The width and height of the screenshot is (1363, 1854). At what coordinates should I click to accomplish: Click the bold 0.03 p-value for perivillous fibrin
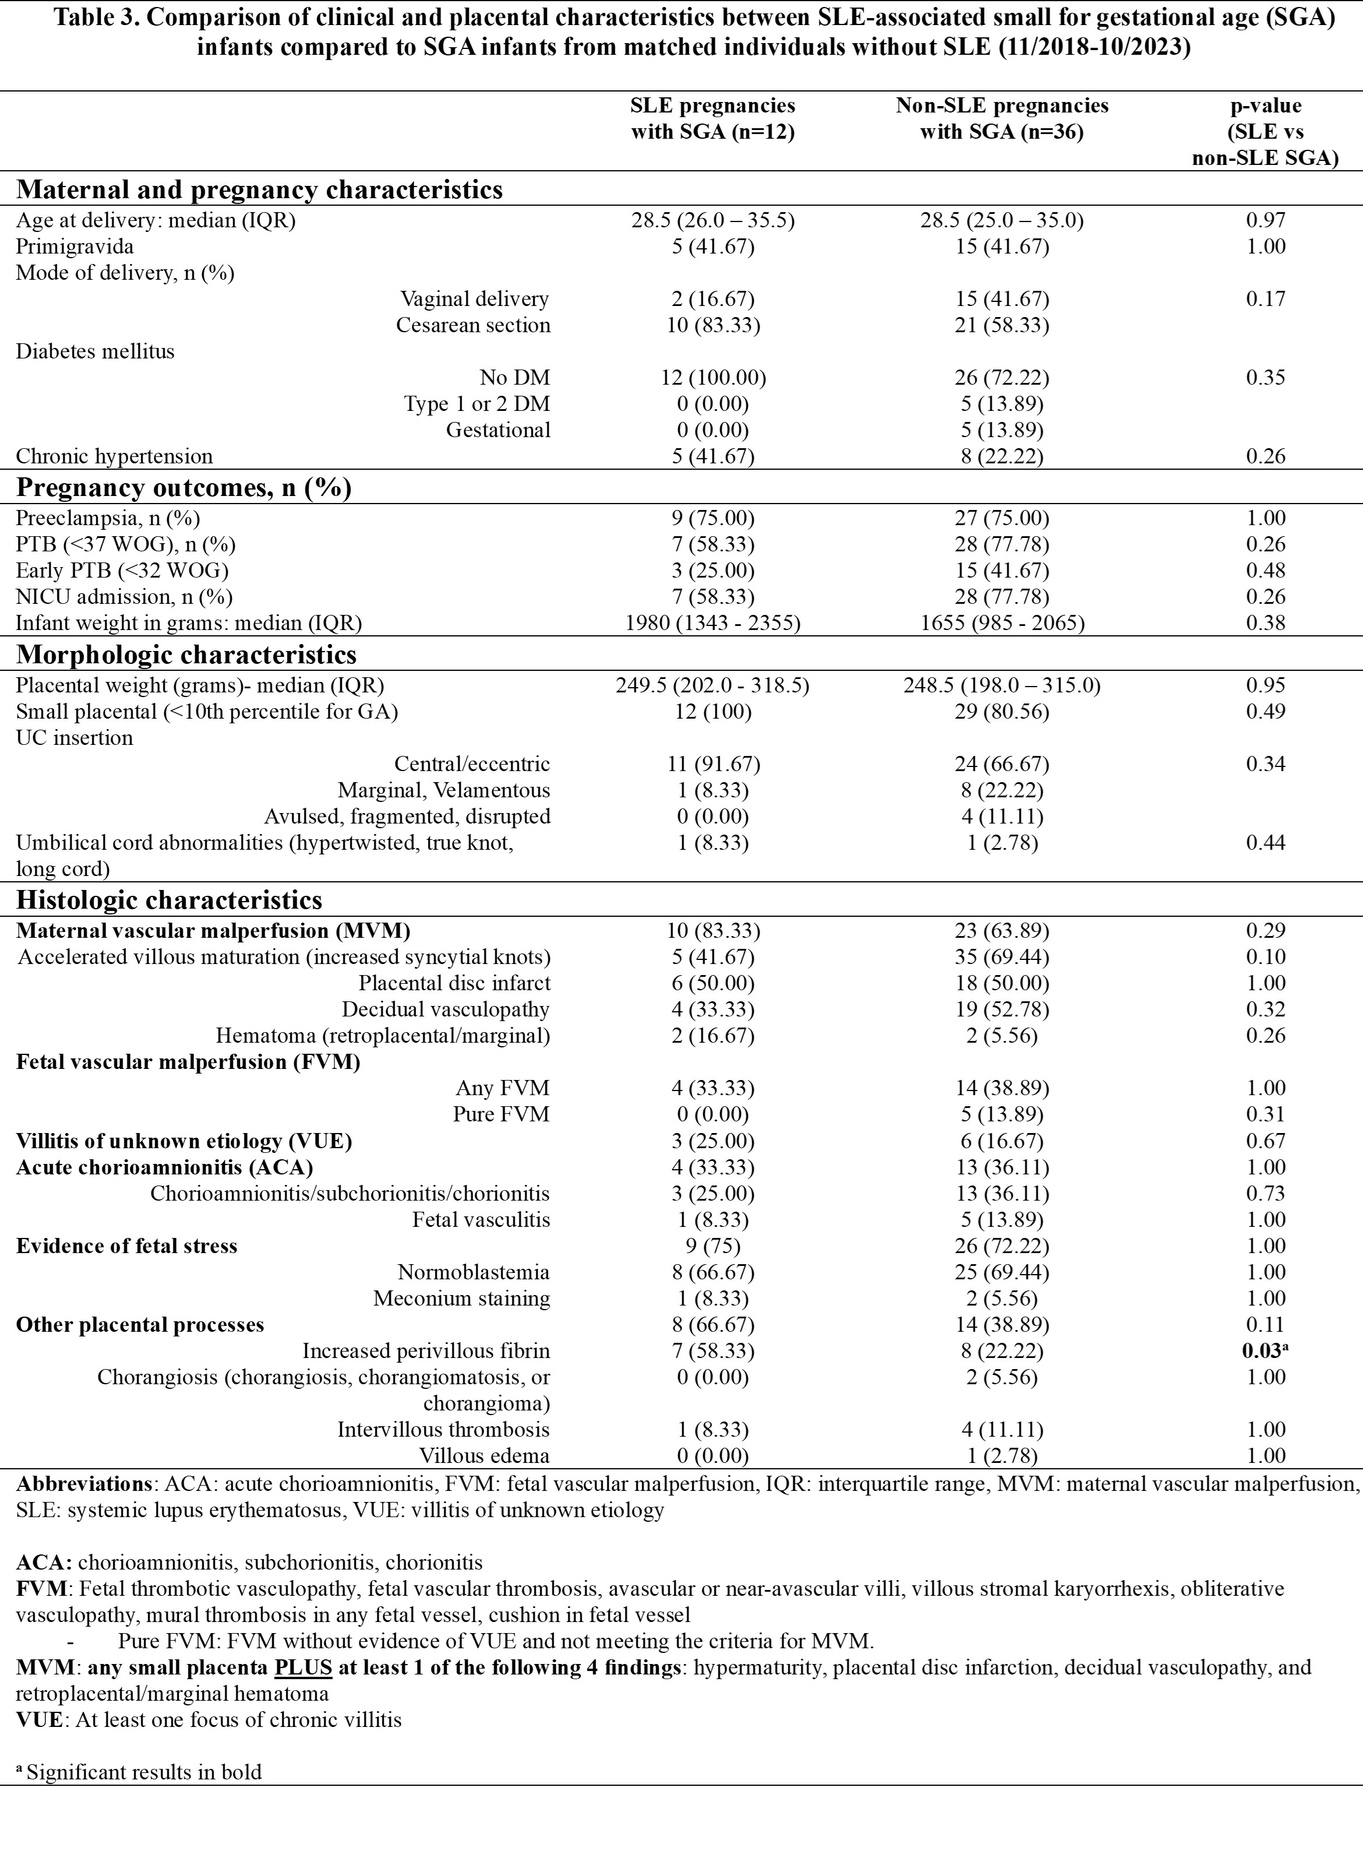click(x=1262, y=1351)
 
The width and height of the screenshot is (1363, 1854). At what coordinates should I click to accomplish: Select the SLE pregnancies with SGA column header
click(x=713, y=119)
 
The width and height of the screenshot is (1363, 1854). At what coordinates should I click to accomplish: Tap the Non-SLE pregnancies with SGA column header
click(x=1002, y=119)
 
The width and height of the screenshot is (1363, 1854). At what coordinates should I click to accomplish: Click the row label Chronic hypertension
click(x=115, y=456)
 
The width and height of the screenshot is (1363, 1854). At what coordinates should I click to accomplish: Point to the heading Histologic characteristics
click(x=169, y=900)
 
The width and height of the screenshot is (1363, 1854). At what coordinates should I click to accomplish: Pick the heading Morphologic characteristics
click(x=186, y=655)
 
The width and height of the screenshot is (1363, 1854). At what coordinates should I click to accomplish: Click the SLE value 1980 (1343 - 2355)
click(x=713, y=623)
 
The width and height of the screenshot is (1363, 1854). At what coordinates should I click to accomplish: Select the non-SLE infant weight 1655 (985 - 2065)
click(x=1002, y=623)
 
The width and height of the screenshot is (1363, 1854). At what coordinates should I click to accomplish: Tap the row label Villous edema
click(x=484, y=1456)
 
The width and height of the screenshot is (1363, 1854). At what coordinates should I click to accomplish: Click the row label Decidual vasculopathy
click(x=446, y=1009)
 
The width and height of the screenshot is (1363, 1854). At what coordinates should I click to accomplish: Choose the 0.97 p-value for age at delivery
click(x=1266, y=220)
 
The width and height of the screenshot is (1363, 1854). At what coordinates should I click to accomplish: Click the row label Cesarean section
click(x=473, y=325)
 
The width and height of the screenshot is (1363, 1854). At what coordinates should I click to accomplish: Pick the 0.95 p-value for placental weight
click(x=1266, y=685)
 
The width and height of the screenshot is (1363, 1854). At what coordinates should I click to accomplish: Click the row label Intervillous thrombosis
click(x=443, y=1430)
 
